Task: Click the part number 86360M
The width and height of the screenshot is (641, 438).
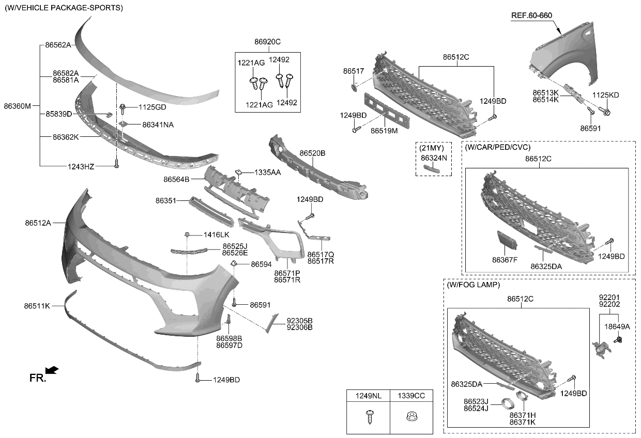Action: coord(18,106)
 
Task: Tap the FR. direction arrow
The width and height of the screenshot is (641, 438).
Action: coord(52,370)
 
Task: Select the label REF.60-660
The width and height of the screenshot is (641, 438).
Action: coord(531,15)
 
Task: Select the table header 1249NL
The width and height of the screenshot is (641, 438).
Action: coord(368,396)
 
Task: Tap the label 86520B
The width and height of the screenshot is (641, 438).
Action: coord(312,153)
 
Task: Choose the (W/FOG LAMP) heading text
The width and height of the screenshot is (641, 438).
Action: coord(474,285)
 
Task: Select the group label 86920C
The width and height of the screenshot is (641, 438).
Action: coord(267,41)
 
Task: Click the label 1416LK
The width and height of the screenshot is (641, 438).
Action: coord(216,234)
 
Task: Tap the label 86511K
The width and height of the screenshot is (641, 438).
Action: coord(37,306)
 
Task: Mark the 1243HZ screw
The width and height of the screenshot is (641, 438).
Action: coord(116,166)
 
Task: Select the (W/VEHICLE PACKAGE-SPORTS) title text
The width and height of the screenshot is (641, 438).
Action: coord(64,8)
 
